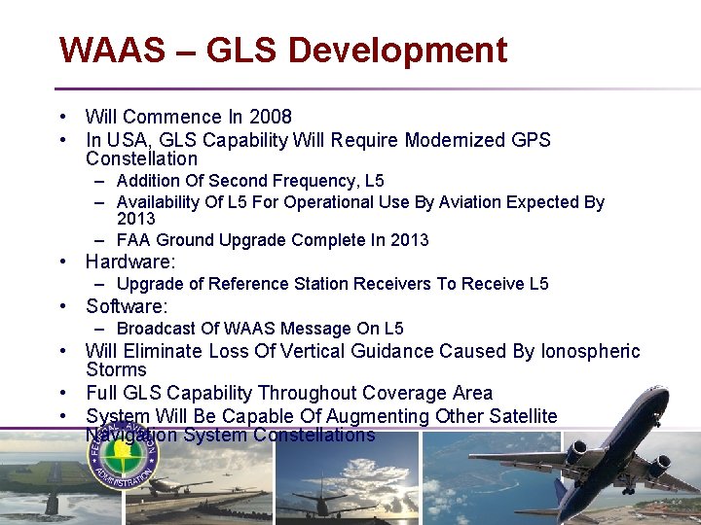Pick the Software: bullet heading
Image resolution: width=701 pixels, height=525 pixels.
click(x=128, y=306)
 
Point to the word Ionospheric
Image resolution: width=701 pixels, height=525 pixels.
click(x=590, y=351)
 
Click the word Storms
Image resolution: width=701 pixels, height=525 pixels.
click(x=116, y=369)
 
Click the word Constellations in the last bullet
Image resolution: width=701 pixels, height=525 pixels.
click(x=314, y=436)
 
